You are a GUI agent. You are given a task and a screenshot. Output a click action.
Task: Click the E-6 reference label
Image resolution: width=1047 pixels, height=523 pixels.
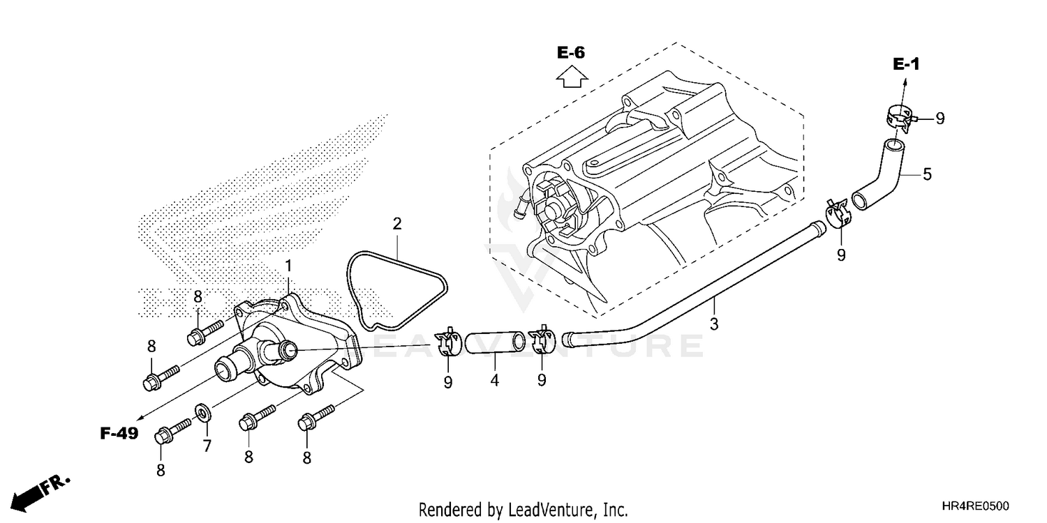[x=570, y=53]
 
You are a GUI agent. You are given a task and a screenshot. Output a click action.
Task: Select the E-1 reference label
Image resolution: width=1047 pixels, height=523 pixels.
[x=906, y=64]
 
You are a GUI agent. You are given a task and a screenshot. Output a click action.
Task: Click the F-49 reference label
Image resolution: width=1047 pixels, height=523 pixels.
[x=119, y=434]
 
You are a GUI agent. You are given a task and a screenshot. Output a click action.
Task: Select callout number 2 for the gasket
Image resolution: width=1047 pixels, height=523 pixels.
[x=397, y=224]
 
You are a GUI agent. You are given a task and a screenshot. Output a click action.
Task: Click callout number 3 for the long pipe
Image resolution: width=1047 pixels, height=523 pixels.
[x=713, y=324]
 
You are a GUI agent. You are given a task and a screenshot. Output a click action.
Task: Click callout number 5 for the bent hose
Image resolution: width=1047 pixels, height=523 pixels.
[x=926, y=174]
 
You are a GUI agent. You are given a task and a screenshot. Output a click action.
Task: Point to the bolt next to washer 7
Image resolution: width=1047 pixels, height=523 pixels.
[x=171, y=427]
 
